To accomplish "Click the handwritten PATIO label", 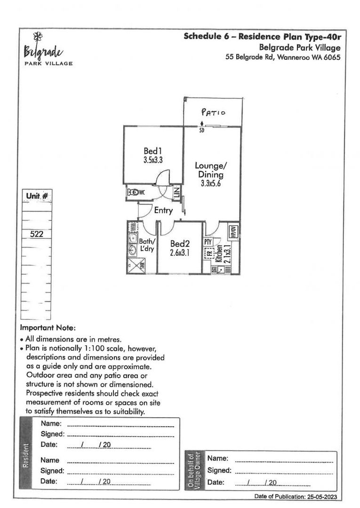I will pos(213,112).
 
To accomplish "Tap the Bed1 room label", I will pos(152,151).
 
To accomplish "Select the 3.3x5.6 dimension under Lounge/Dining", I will pos(208,183).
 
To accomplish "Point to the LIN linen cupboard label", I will pos(177,192).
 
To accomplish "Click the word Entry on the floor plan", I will pos(163,211).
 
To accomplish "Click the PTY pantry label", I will pos(208,242).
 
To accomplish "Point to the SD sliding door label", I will pos(201,130).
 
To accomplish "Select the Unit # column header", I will pos(37,195).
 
